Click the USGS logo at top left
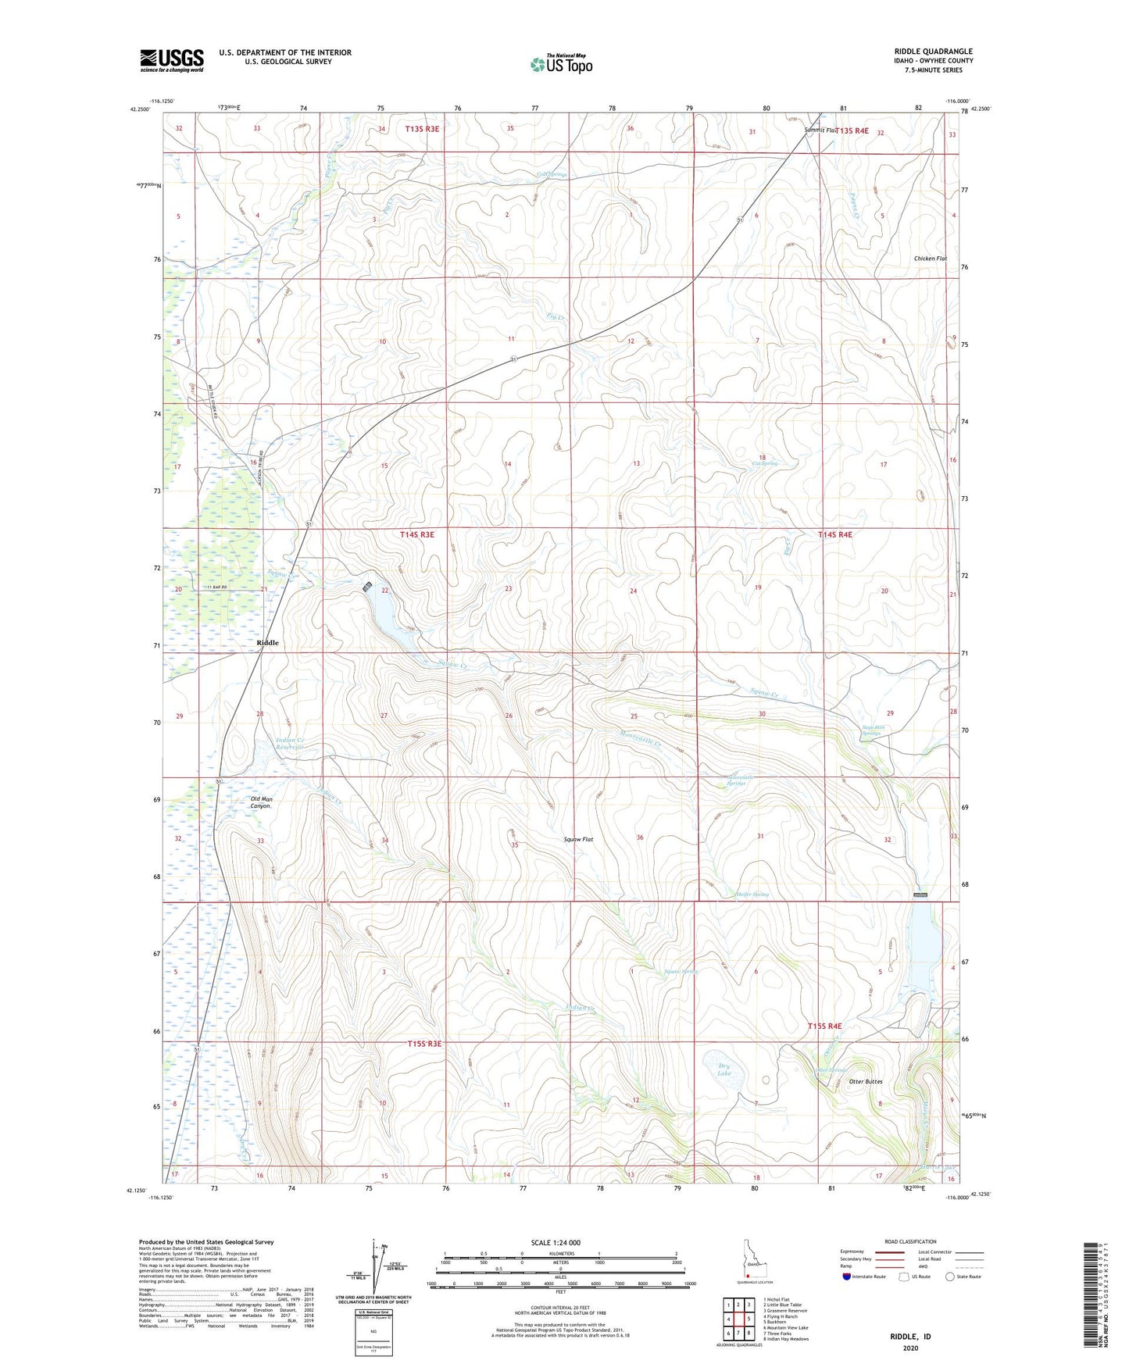click(x=172, y=60)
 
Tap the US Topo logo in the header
click(x=561, y=64)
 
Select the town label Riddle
click(x=267, y=643)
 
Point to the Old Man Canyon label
click(x=260, y=802)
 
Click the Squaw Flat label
click(x=578, y=840)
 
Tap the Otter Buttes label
click(x=865, y=1082)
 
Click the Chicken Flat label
click(x=930, y=259)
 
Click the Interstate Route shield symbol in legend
click(x=846, y=1277)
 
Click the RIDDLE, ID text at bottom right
click(x=910, y=1337)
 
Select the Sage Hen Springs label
click(x=871, y=730)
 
